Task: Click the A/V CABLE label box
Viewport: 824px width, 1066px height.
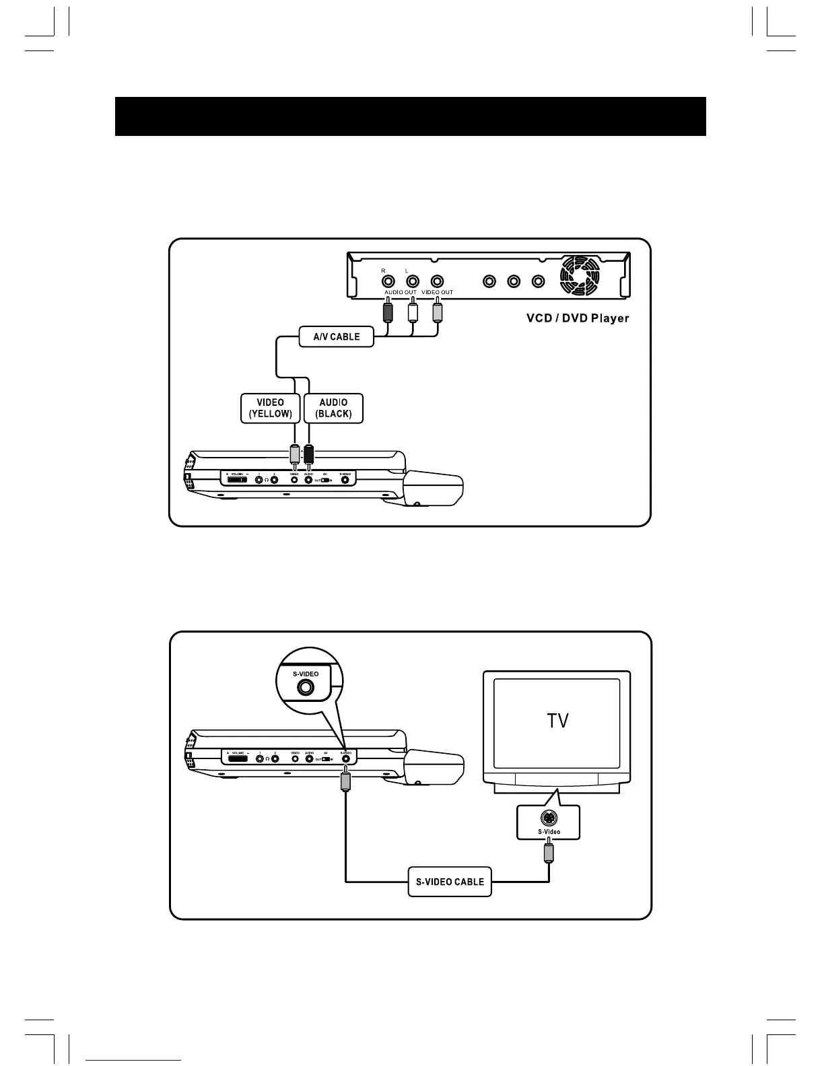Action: [x=337, y=336]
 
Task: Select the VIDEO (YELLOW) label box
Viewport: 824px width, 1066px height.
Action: [x=270, y=408]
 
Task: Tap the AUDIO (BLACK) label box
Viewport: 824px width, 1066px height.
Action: [x=333, y=408]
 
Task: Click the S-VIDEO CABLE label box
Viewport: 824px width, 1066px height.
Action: [x=450, y=882]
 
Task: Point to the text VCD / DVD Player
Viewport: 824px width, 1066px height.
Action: [x=578, y=318]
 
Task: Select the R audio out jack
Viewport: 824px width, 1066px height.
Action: [x=388, y=281]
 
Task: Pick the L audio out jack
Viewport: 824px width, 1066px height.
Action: [x=413, y=281]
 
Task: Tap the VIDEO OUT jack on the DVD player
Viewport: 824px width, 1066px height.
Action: [x=438, y=281]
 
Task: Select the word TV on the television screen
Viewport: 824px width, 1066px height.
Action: [x=557, y=721]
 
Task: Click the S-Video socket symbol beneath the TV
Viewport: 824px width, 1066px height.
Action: [x=549, y=818]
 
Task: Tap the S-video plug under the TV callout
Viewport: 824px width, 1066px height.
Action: [x=549, y=853]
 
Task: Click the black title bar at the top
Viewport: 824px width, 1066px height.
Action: [x=411, y=116]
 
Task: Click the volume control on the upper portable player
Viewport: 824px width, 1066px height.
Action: [x=237, y=479]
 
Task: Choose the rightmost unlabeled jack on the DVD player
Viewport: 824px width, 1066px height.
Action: [x=537, y=281]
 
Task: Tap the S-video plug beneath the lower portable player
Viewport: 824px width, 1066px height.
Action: [x=345, y=781]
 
